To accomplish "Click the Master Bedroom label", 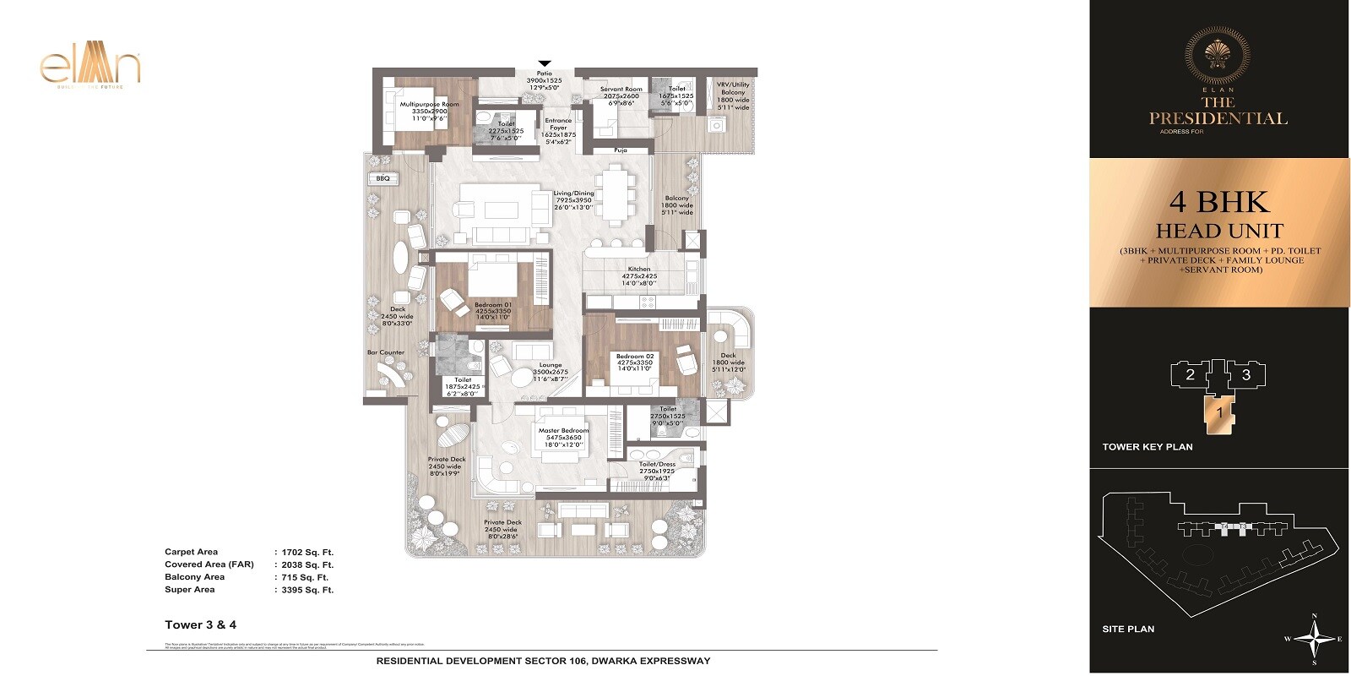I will coord(563,431).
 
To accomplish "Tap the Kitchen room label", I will coord(638,270).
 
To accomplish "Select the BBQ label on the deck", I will coord(383,179).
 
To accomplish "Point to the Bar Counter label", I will coord(385,352).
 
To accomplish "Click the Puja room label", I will coord(621,150).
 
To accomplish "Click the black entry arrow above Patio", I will coord(545,63).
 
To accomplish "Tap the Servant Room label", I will coord(621,89).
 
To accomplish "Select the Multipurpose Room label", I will coord(429,105).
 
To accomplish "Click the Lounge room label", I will coord(551,365).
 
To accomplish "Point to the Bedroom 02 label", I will coord(635,357).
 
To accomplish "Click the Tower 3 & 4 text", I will coord(200,625).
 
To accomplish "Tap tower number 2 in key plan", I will coord(1190,375).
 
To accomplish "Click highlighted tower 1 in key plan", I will coord(1219,413).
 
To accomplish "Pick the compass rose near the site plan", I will coord(1314,639).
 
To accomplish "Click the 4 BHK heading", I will coord(1219,203).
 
